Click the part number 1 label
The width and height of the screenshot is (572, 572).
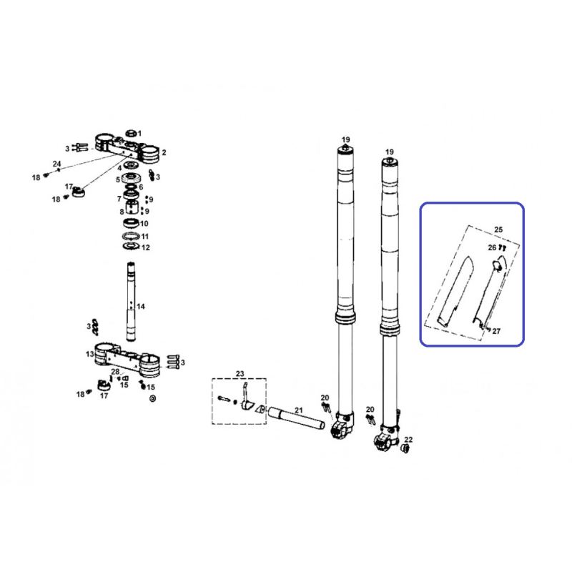[139, 134]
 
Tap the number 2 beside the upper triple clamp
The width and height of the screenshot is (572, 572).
[164, 152]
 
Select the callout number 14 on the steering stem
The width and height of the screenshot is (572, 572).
[141, 307]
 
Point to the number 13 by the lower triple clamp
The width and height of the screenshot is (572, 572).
[90, 354]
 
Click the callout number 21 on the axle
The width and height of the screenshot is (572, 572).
[299, 410]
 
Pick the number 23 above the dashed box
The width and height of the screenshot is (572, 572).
[240, 374]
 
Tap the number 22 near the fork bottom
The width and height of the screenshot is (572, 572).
[408, 440]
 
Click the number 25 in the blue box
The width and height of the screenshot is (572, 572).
[498, 230]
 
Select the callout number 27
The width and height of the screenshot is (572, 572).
[496, 331]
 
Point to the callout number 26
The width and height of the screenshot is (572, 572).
[493, 247]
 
